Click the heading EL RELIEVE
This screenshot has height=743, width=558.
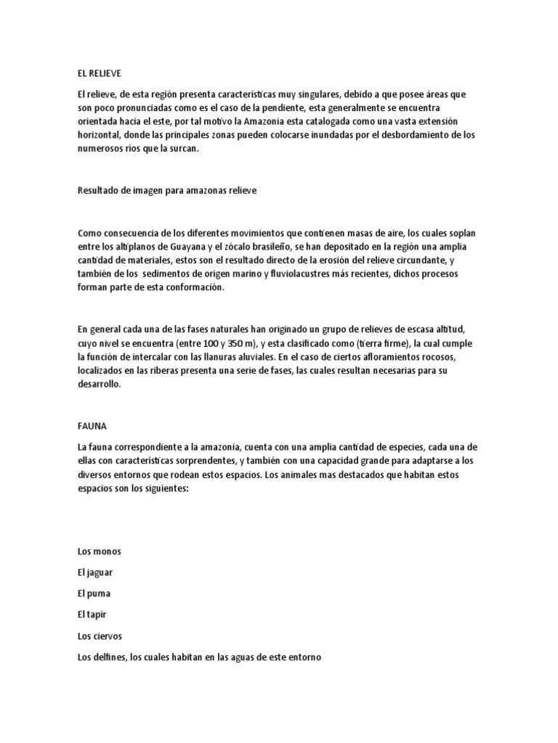[x=100, y=73]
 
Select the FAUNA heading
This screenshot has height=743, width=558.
[x=92, y=425]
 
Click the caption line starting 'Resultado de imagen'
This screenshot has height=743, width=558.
[x=166, y=190]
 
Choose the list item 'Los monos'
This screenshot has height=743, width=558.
[x=99, y=551]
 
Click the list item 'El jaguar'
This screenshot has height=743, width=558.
[x=95, y=572]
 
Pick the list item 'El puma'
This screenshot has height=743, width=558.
[x=94, y=594]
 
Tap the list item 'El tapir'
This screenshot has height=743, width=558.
[x=92, y=615]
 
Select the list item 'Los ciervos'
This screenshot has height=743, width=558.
[x=100, y=636]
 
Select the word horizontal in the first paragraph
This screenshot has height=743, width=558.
[x=102, y=134]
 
